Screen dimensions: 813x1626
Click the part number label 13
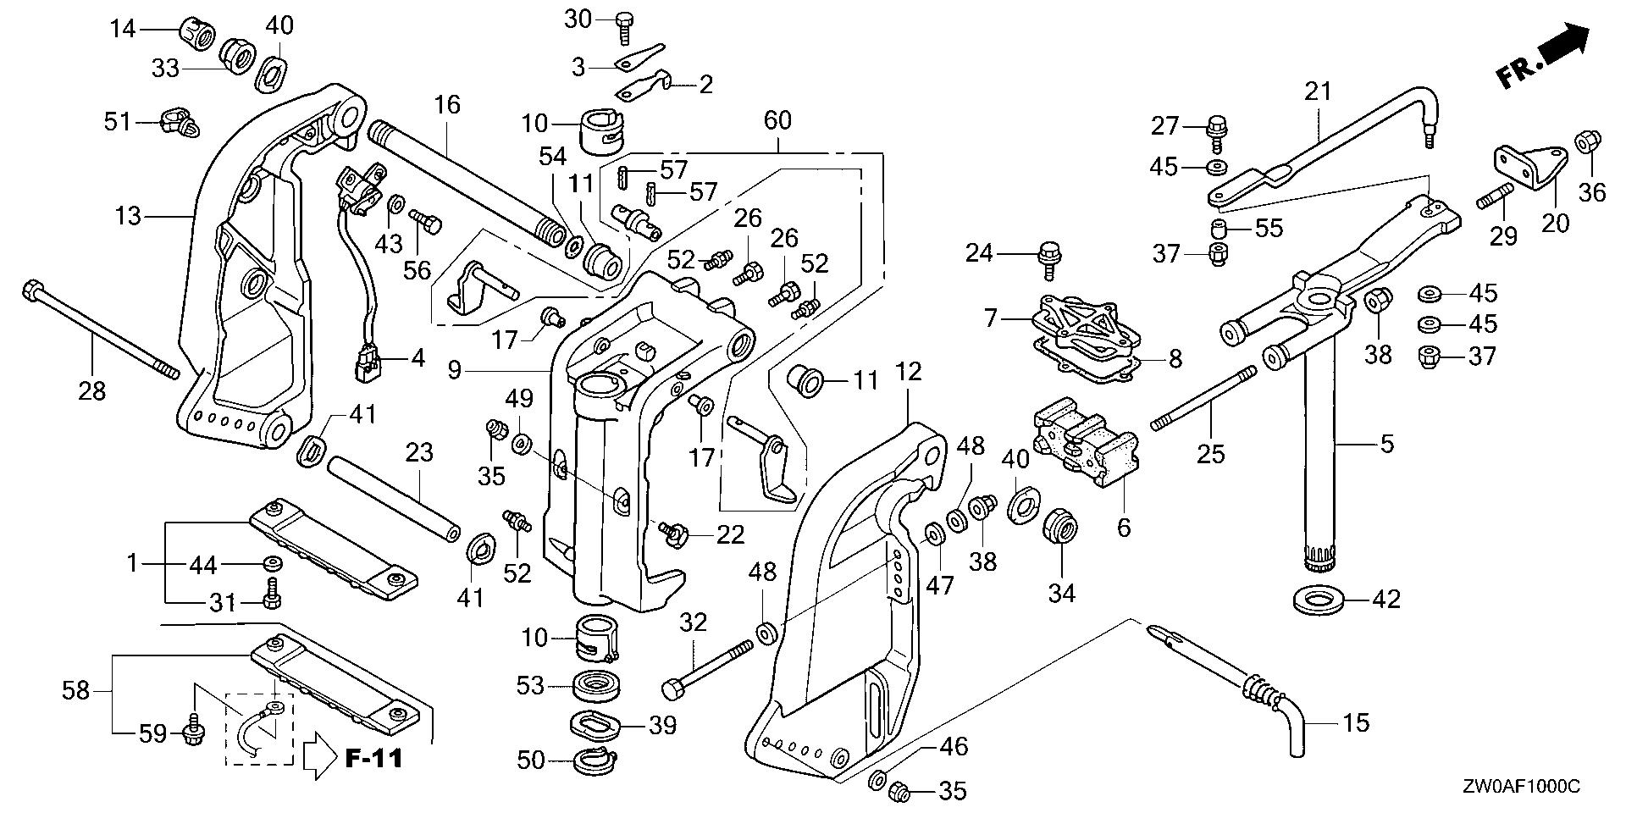pyautogui.click(x=128, y=217)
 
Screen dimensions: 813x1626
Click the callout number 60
pyautogui.click(x=777, y=120)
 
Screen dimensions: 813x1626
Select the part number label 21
pyautogui.click(x=1319, y=91)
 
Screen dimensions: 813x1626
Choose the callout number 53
pyautogui.click(x=530, y=684)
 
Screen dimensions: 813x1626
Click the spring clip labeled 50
pyautogui.click(x=598, y=760)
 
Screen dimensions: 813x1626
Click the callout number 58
pyautogui.click(x=76, y=690)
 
